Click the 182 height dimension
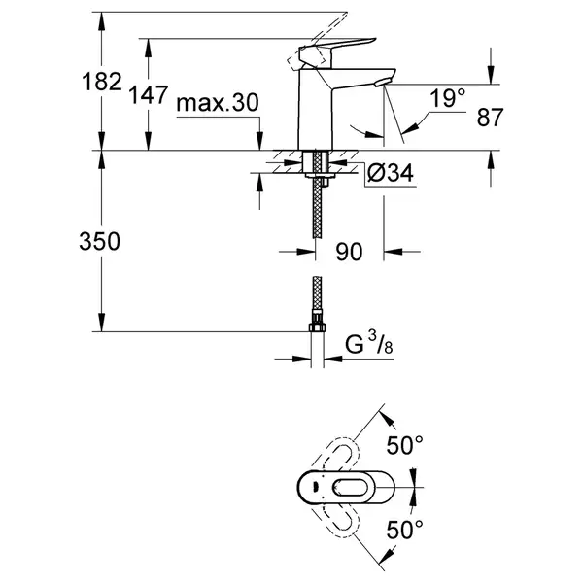[102, 82]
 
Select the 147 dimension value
[149, 94]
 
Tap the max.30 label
[218, 103]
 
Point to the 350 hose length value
[100, 241]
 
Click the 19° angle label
[447, 98]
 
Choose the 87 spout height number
[490, 117]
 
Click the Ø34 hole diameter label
[390, 173]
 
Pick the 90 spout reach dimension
[349, 252]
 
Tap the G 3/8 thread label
[369, 343]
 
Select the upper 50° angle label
[405, 445]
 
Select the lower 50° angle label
[405, 530]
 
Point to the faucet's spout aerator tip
[383, 83]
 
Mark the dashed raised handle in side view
[317, 42]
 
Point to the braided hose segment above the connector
[317, 294]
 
